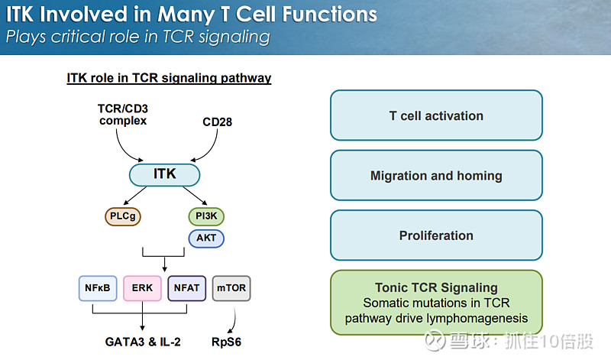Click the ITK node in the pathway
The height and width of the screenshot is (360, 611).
pos(164,174)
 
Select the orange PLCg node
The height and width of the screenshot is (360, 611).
pos(124,216)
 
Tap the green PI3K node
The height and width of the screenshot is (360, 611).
pos(206,216)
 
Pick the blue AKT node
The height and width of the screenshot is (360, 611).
pos(206,238)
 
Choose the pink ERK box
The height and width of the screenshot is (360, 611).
pos(142,288)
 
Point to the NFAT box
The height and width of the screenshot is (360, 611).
pos(186,288)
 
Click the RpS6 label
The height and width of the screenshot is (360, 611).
pos(227,342)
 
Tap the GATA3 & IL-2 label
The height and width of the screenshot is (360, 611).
pos(144,342)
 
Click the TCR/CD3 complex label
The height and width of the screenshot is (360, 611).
pos(122,114)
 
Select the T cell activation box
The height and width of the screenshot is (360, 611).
pos(436,116)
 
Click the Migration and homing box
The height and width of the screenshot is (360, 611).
pos(436,176)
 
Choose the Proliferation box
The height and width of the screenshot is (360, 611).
pos(436,235)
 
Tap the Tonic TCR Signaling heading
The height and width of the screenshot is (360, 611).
pos(436,288)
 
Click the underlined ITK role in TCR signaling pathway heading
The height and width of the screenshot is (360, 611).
pos(169,78)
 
